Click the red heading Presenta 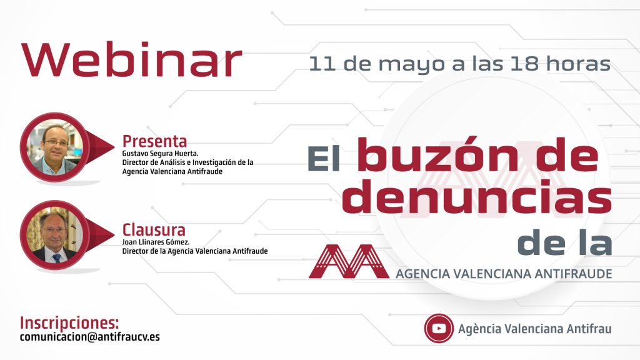[155, 141]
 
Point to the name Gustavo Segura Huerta [161, 154]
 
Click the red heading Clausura [154, 230]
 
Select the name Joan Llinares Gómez [156, 242]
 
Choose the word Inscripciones [69, 323]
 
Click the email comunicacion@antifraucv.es [90, 337]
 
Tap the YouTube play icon [439, 328]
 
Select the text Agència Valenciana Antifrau [535, 329]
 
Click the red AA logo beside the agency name [349, 261]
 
